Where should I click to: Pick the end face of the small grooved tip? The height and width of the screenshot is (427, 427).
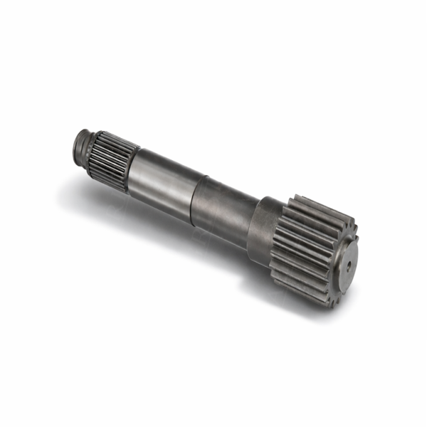[x=77, y=142]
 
